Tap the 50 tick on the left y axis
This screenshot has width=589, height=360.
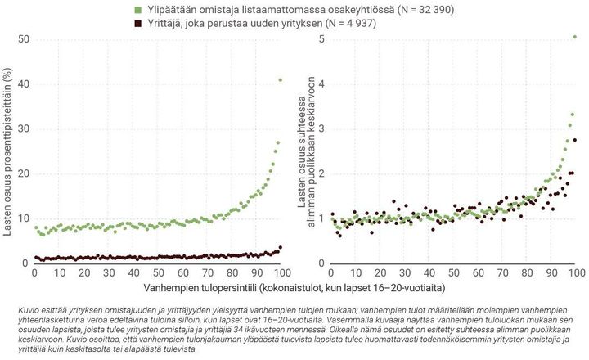click(x=24, y=39)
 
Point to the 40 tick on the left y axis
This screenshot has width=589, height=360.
click(x=24, y=84)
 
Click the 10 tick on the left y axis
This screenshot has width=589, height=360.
click(x=24, y=218)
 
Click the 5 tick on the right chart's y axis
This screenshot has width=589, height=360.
click(x=322, y=39)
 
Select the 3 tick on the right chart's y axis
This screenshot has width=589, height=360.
click(x=322, y=128)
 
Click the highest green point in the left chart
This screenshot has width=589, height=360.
click(x=280, y=79)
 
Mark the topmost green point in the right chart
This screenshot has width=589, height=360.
click(x=574, y=37)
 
